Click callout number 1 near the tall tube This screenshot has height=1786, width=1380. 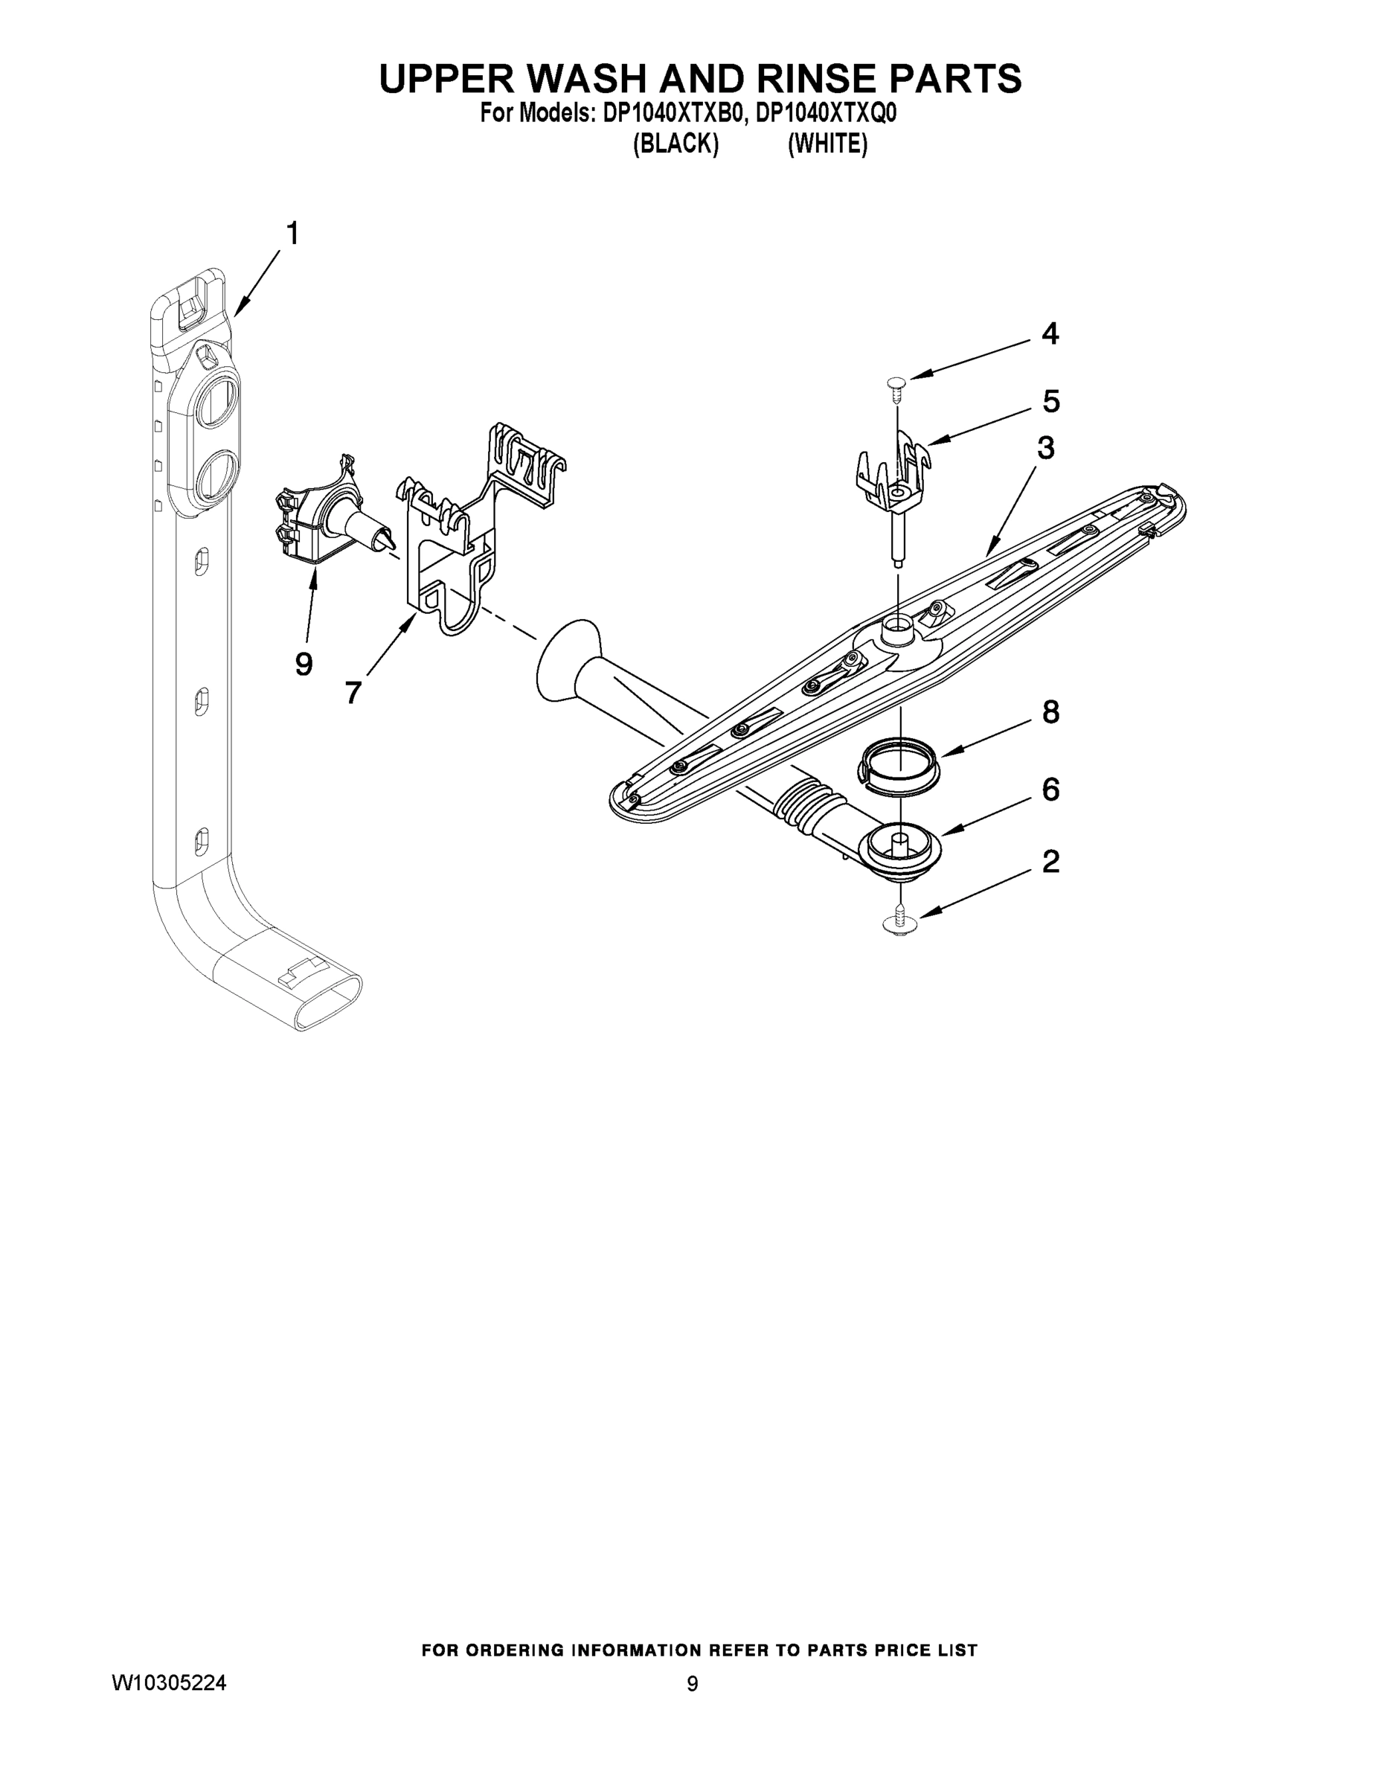(291, 234)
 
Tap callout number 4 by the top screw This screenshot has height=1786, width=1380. (1050, 333)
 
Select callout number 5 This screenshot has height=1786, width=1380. (1051, 402)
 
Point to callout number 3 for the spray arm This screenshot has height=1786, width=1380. (1046, 448)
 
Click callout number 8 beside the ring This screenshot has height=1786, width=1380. (1051, 712)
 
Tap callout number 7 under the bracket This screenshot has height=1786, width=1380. (353, 694)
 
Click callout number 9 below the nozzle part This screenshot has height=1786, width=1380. (304, 664)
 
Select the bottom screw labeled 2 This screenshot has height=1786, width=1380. (900, 921)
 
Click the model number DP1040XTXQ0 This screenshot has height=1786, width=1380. (826, 113)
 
